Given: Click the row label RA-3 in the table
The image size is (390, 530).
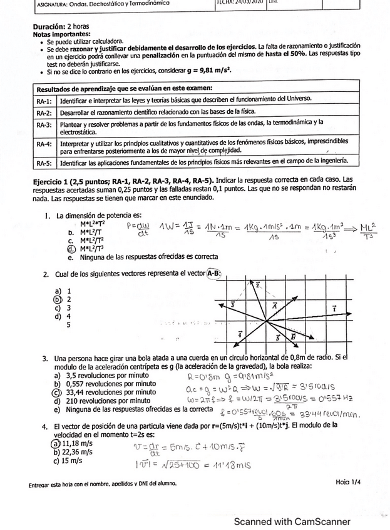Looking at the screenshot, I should tap(44, 125).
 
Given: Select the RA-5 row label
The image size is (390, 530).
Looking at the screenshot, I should tap(44, 163).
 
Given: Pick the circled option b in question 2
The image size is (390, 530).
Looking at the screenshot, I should tap(59, 299).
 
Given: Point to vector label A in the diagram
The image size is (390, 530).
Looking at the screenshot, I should tap(275, 305).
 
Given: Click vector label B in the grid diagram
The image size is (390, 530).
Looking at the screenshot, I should tap(292, 337).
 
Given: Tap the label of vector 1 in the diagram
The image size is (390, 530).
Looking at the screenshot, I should tap(334, 309).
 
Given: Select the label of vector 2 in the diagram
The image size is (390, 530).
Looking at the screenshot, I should tap(257, 284).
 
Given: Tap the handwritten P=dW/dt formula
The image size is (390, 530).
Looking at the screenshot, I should tap(138, 229).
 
